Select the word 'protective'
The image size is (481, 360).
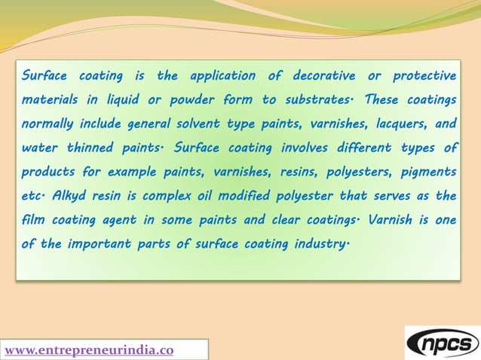tap(421, 76)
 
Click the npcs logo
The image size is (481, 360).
tap(442, 342)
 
